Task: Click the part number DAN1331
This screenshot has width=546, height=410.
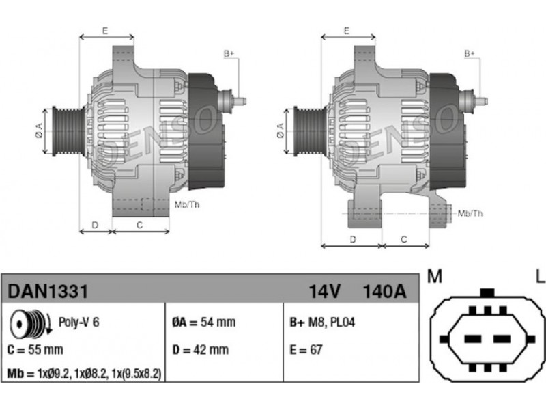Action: [x=48, y=291]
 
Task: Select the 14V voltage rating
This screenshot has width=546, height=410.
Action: [x=324, y=291]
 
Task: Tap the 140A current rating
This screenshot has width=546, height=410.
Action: [x=384, y=291]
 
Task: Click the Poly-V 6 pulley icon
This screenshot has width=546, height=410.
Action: [x=30, y=323]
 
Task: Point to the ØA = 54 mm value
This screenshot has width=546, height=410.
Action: [x=204, y=322]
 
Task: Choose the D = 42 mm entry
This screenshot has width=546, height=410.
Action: [x=201, y=350]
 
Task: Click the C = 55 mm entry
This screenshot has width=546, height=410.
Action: [x=35, y=350]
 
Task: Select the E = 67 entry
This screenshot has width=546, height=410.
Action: [x=306, y=350]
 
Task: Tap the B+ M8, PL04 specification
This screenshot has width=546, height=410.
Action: [x=322, y=322]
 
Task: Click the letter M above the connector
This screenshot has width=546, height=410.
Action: [x=435, y=276]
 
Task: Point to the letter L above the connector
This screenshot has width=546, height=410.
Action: [x=540, y=276]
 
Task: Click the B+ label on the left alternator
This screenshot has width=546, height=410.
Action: [x=229, y=54]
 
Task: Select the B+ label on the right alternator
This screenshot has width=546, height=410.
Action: [x=469, y=54]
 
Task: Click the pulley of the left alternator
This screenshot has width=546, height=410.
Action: [x=67, y=131]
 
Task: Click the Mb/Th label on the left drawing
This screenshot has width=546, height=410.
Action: [x=187, y=204]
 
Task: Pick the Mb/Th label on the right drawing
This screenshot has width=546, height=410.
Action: [x=470, y=213]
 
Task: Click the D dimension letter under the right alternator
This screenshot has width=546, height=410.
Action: [x=353, y=240]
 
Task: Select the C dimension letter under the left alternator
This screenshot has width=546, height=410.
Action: [x=140, y=225]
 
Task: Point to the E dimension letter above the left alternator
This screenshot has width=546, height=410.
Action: [x=105, y=31]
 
